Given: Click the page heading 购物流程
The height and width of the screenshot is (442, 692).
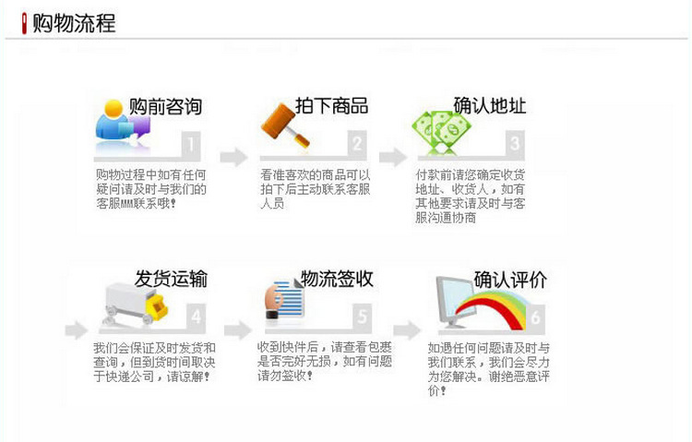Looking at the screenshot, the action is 74,23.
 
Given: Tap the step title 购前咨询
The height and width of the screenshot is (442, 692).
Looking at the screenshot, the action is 165,106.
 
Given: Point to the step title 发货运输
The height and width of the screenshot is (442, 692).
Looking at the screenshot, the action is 171,279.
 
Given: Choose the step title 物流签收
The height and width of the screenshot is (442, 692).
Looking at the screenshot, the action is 337,279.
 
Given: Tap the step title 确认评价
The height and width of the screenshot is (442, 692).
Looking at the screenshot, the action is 510,279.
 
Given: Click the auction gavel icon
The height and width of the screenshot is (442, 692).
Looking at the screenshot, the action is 282,119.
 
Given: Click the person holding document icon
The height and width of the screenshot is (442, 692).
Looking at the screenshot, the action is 285,299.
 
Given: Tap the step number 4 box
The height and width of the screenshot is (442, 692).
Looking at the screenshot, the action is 195,317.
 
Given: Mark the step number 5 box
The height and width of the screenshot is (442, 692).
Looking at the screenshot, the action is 362,317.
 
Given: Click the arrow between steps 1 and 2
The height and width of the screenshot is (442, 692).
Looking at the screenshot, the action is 233,156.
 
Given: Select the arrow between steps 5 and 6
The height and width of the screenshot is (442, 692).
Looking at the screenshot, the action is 406,329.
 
